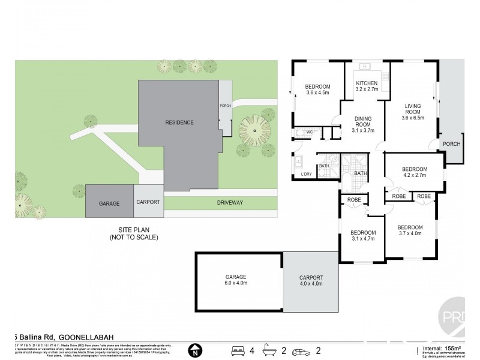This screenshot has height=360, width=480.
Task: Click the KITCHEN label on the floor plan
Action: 367,83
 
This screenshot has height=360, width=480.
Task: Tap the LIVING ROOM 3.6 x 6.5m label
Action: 412,112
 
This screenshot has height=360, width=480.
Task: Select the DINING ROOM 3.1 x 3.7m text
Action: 362,124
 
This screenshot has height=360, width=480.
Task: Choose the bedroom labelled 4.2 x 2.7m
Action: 413,172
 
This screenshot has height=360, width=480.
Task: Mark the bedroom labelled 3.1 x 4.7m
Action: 363,235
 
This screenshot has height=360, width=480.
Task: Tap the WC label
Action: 310,131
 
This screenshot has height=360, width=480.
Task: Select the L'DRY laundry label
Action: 307,175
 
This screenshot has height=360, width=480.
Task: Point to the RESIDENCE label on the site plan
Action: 179,122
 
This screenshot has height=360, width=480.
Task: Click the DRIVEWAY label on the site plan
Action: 230,203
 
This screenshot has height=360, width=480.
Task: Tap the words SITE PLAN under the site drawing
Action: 133,230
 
